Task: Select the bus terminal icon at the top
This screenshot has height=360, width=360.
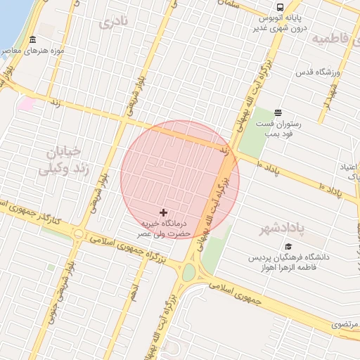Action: [x=281, y=7]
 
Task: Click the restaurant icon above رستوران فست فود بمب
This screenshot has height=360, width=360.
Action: [x=278, y=112]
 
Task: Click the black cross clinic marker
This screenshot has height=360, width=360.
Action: [x=164, y=212]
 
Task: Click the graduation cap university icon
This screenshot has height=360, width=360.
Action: [x=288, y=246]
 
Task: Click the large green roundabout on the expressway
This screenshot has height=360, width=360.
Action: [x=188, y=272]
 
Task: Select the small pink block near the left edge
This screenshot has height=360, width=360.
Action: [x=27, y=104]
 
